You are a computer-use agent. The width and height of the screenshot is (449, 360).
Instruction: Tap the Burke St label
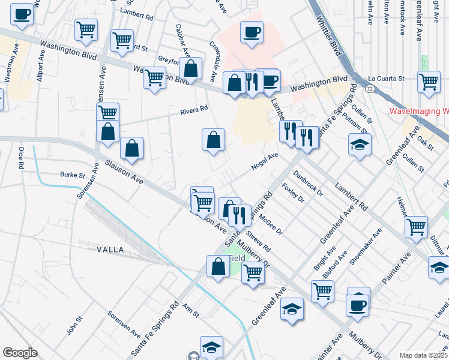73,176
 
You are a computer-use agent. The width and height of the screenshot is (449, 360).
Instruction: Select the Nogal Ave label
265,160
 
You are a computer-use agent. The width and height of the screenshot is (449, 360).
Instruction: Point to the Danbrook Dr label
308,184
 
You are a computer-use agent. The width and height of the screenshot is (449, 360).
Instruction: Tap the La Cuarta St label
386,78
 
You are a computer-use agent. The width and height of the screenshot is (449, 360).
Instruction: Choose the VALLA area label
109,249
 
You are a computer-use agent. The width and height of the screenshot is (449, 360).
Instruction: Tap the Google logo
20,352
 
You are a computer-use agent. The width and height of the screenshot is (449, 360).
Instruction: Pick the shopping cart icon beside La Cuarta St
429,82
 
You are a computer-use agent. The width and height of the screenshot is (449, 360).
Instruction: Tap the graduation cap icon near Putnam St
360,145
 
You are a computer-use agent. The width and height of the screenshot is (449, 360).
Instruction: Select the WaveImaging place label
419,111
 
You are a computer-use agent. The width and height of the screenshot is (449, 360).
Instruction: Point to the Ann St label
191,310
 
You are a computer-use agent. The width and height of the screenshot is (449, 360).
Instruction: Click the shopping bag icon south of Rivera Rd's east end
213,140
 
